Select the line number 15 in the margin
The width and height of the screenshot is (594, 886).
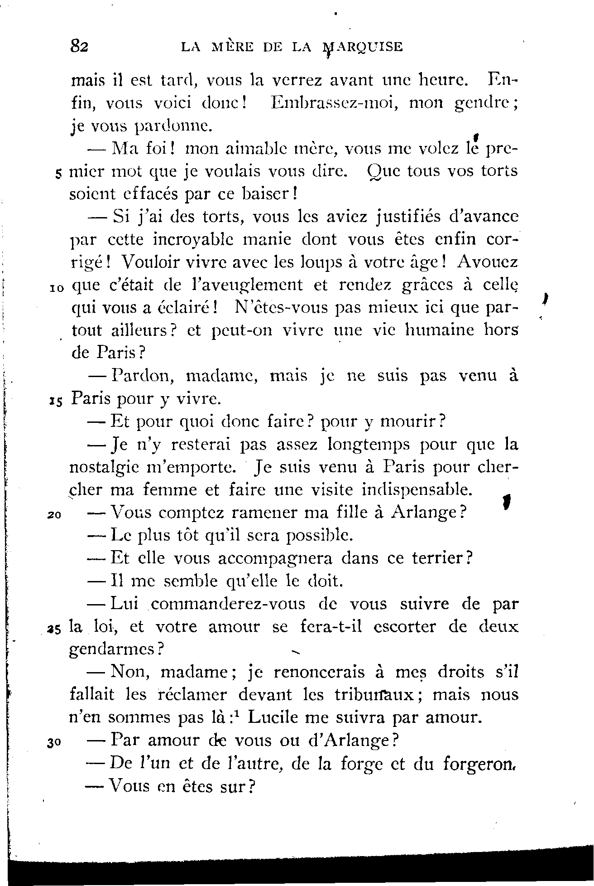[56, 401]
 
